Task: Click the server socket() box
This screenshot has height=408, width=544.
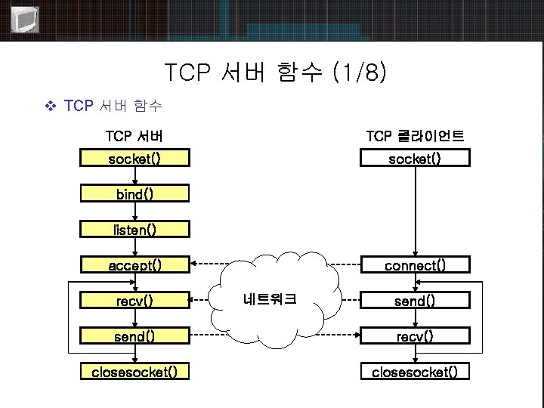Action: pyautogui.click(x=134, y=159)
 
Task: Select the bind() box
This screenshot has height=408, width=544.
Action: pyautogui.click(x=134, y=194)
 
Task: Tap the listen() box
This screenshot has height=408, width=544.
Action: pyautogui.click(x=134, y=229)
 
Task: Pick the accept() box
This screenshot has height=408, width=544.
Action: pyautogui.click(x=134, y=265)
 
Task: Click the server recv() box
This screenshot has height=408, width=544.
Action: pyautogui.click(x=134, y=301)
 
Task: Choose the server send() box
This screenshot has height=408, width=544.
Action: pyautogui.click(x=134, y=336)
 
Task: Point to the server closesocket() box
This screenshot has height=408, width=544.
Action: pyautogui.click(x=134, y=372)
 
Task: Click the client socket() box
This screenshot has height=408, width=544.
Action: pyautogui.click(x=414, y=159)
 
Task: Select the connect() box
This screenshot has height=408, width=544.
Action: pyautogui.click(x=414, y=265)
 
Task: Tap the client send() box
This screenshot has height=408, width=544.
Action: pyautogui.click(x=414, y=301)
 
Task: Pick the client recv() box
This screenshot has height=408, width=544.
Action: pyautogui.click(x=414, y=336)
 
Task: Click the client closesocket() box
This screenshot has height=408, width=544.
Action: pyautogui.click(x=414, y=372)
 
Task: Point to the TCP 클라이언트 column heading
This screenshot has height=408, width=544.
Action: pyautogui.click(x=414, y=136)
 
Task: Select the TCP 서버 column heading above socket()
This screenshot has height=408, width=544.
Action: pyautogui.click(x=134, y=136)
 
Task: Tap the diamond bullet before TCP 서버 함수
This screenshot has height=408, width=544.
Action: pyautogui.click(x=51, y=106)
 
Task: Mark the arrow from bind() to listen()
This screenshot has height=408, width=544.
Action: pyautogui.click(x=134, y=212)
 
